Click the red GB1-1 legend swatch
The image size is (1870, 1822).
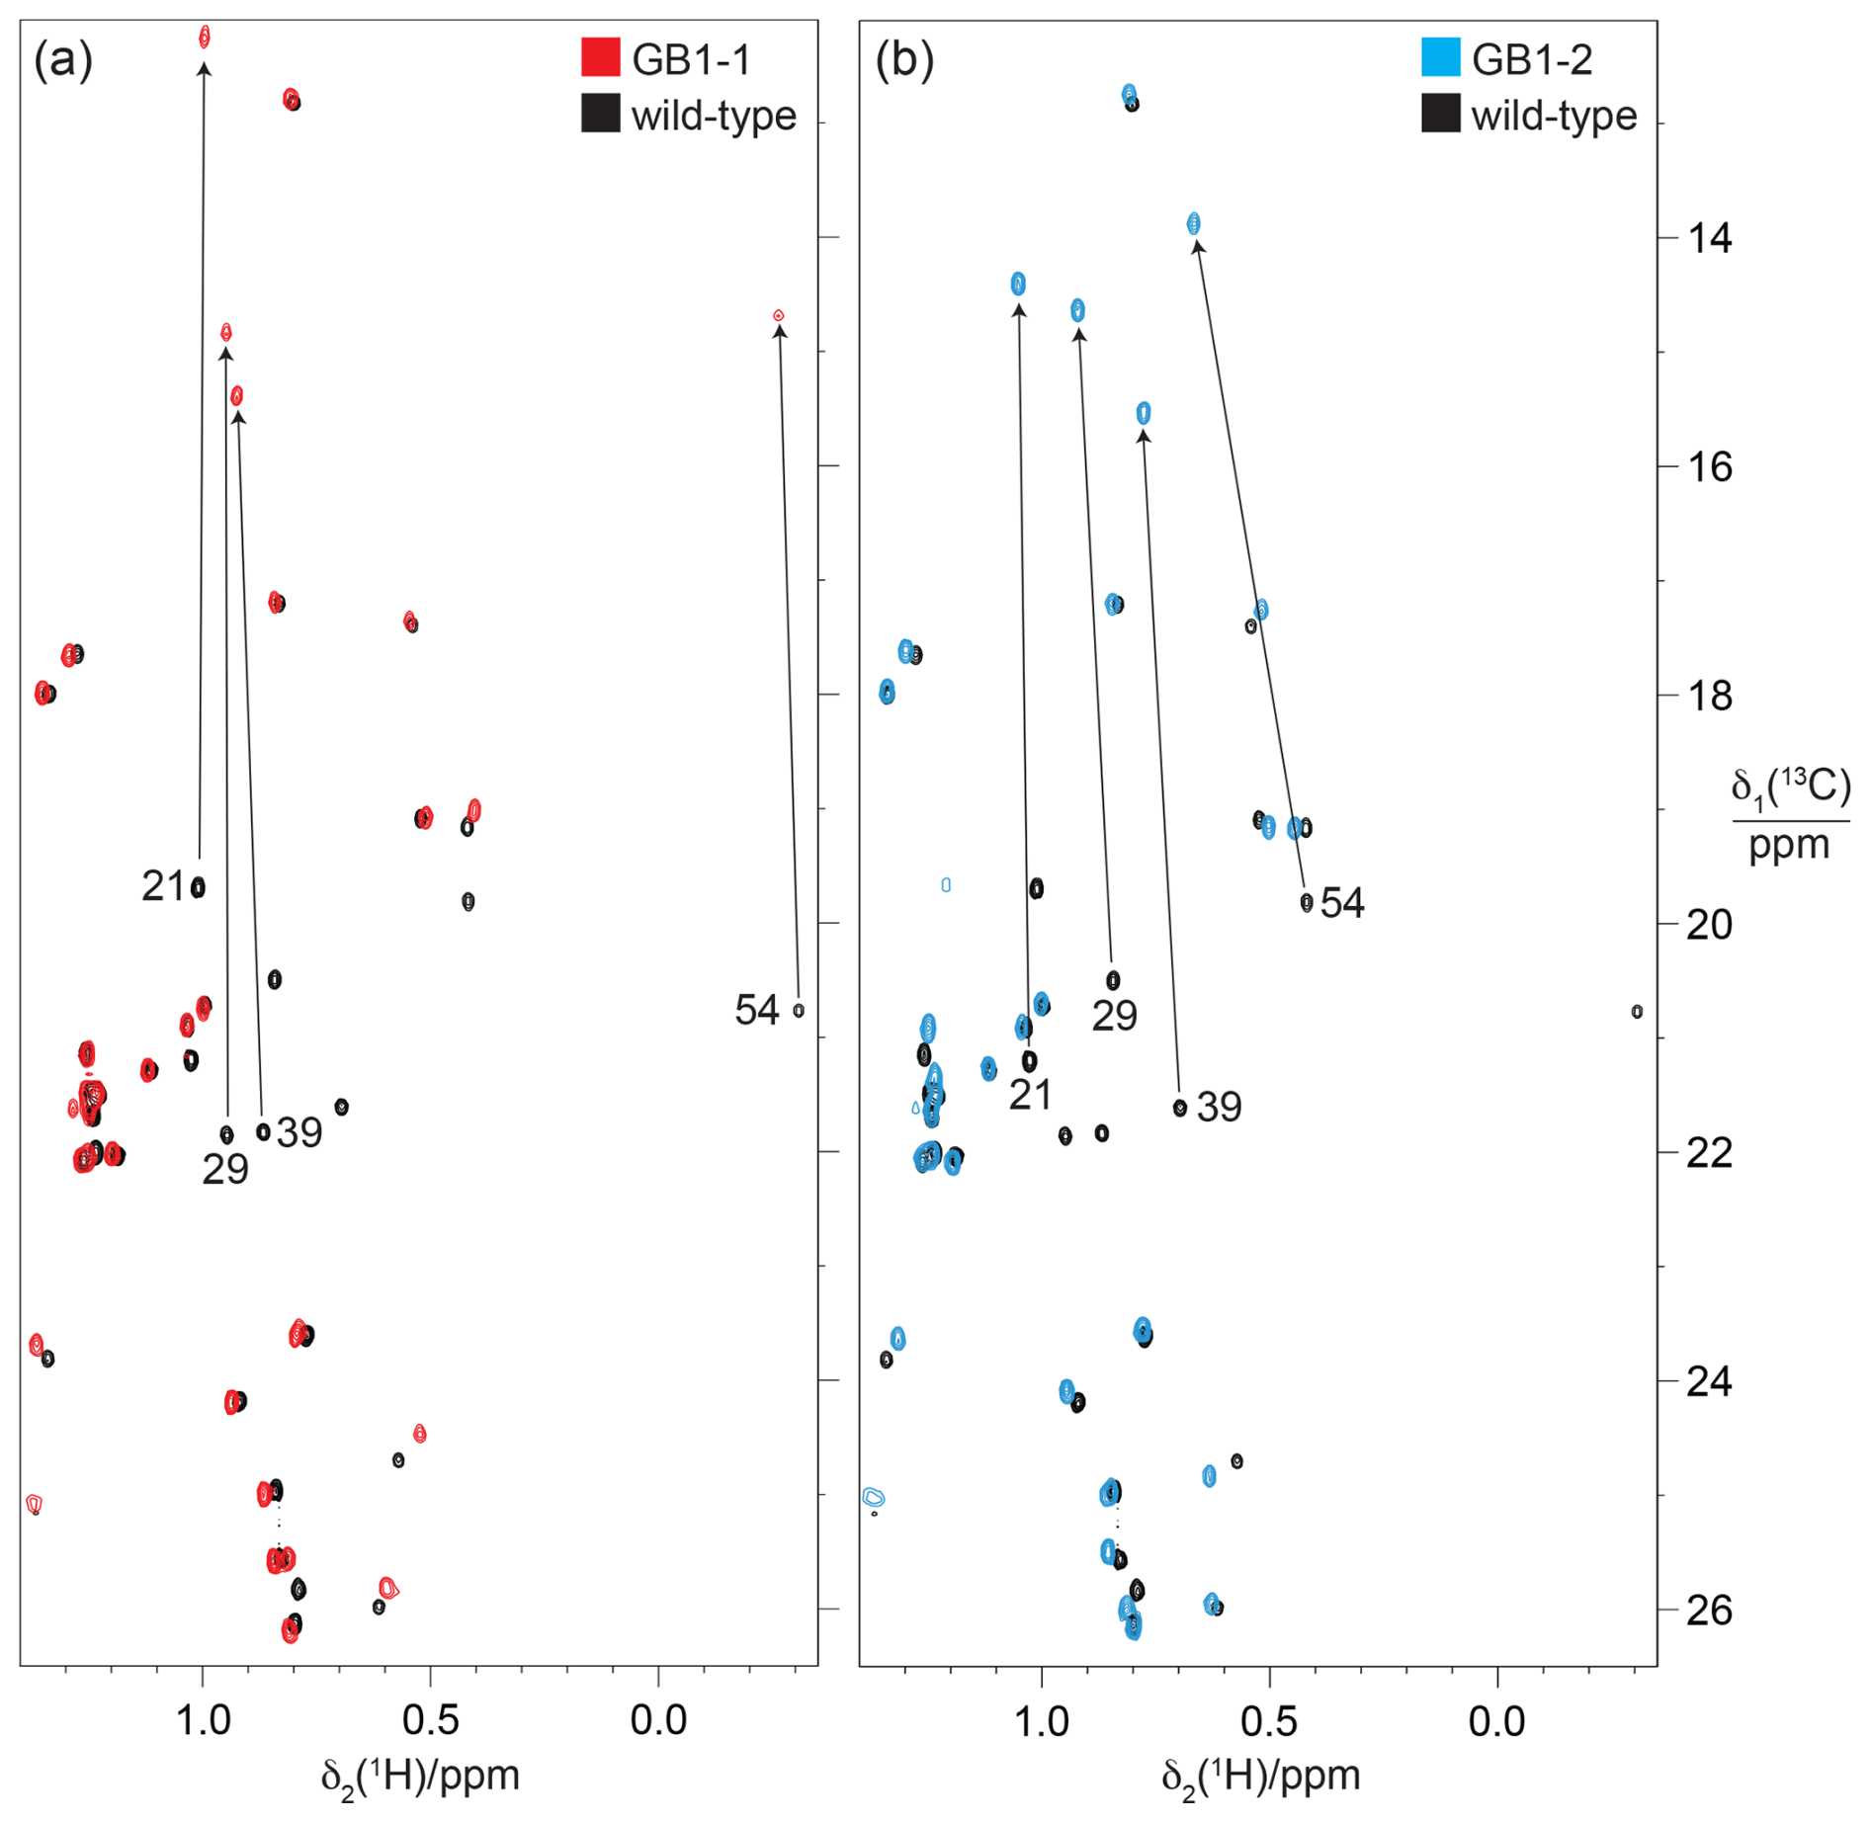pos(600,57)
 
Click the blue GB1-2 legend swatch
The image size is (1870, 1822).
pos(1440,57)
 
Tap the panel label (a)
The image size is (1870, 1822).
pos(63,60)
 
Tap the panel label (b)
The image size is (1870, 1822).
pos(903,60)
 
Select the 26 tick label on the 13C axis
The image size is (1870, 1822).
pos(1709,1611)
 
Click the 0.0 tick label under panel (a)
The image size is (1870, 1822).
pos(658,1721)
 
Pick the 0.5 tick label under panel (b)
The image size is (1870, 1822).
pos(1269,1721)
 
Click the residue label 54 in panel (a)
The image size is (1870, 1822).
pos(757,1011)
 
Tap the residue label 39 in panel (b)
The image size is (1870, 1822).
pos(1219,1107)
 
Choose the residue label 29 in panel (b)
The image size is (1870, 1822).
pos(1114,1016)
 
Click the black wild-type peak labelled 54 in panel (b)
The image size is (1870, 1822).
pos(1307,902)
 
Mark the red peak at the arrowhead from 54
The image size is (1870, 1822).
pos(779,315)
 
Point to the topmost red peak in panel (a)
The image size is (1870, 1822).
pos(205,38)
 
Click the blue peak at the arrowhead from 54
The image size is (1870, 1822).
pos(1194,223)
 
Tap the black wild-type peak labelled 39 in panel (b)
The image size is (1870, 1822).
pos(1179,1108)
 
